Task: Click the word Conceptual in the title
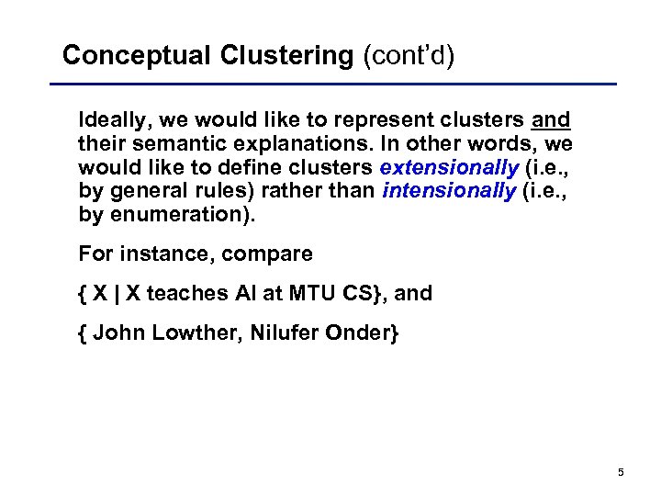tap(137, 56)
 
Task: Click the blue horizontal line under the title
tap(340, 85)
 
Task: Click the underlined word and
tap(551, 120)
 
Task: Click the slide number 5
tap(621, 472)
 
